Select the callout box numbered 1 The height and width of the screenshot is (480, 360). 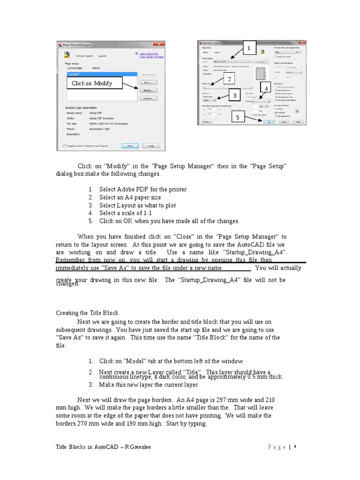(248, 49)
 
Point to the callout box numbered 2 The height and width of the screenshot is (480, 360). (229, 79)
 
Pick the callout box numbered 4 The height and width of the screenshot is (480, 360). (266, 89)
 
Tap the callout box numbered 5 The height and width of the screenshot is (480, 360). (238, 118)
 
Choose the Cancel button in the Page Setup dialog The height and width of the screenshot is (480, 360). (284, 121)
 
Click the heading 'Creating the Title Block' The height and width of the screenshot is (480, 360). (87, 313)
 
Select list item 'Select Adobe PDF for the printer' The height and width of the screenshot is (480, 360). (143, 189)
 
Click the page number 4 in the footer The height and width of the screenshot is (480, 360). (295, 447)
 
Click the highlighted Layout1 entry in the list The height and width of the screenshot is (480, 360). (101, 74)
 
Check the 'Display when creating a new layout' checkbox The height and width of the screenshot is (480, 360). (65, 146)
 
